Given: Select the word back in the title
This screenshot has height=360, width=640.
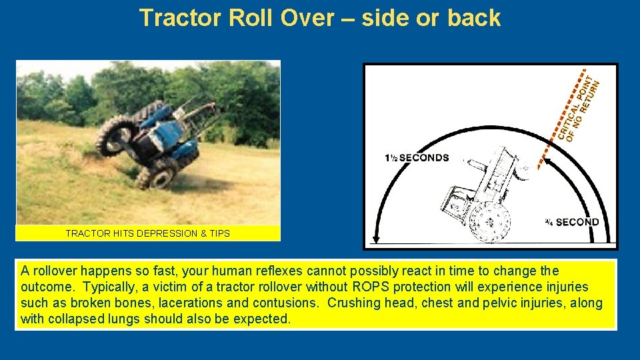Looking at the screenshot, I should [x=474, y=18].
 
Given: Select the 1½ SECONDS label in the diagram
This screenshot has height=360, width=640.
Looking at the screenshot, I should [x=417, y=158].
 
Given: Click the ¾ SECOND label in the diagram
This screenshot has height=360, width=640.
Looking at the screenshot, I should [x=571, y=222].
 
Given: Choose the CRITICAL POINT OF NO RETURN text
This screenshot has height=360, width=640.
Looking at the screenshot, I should [x=579, y=107].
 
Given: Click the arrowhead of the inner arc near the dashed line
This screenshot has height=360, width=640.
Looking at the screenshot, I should [x=542, y=160].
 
